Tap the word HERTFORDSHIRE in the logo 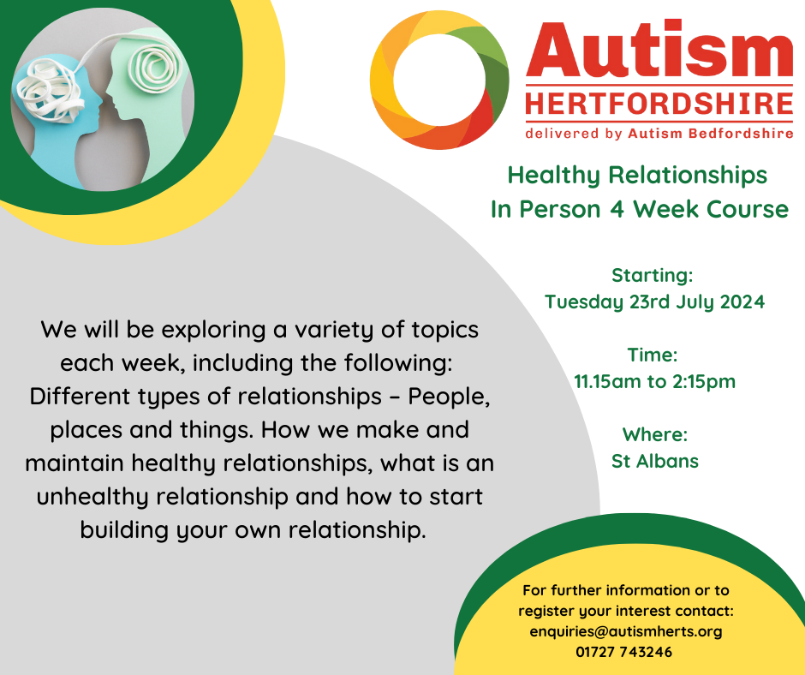pyautogui.click(x=659, y=104)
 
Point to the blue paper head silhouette pyautogui.click(x=57, y=118)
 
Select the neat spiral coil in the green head pyautogui.click(x=154, y=66)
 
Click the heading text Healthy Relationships pyautogui.click(x=637, y=176)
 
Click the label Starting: pyautogui.click(x=652, y=275)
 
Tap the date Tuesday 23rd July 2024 pyautogui.click(x=654, y=302)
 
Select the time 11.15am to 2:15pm pyautogui.click(x=654, y=382)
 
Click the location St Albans pyautogui.click(x=654, y=461)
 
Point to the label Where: pyautogui.click(x=654, y=434)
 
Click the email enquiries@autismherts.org pyautogui.click(x=626, y=631)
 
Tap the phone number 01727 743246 pyautogui.click(x=623, y=652)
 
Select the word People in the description pyautogui.click(x=449, y=397)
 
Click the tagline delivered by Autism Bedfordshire pyautogui.click(x=659, y=134)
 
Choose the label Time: pyautogui.click(x=652, y=355)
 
